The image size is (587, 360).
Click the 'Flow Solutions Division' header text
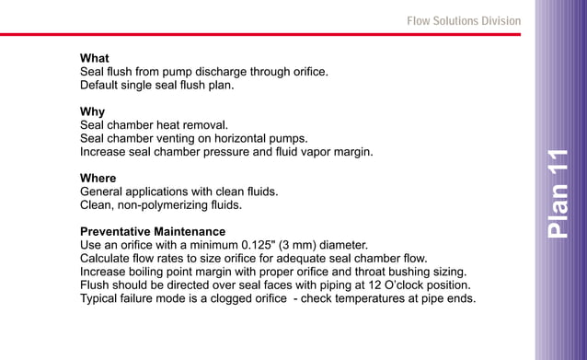click(x=463, y=21)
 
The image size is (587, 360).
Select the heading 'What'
click(x=95, y=58)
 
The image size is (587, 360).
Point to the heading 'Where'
click(x=98, y=178)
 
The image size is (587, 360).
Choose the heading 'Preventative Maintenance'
click(x=153, y=231)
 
